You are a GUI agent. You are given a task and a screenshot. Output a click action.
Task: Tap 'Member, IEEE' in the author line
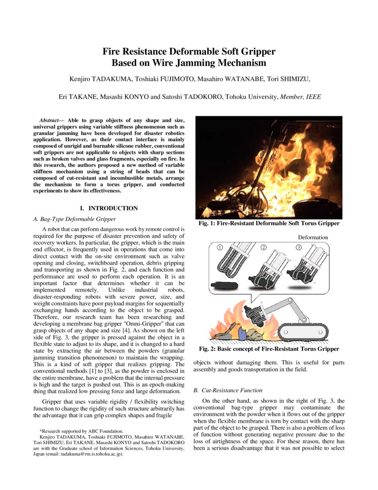pyautogui.click(x=301, y=96)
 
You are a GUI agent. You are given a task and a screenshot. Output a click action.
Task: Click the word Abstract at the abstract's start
pyautogui.click(x=50, y=120)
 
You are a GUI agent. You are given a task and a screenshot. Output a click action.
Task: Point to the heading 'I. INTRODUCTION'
pyautogui.click(x=109, y=208)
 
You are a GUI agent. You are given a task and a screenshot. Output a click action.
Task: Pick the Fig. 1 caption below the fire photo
pyautogui.click(x=269, y=223)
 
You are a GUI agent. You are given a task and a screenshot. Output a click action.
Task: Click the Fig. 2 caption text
pyautogui.click(x=269, y=349)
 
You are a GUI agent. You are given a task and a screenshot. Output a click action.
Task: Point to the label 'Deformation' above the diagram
pyautogui.click(x=313, y=237)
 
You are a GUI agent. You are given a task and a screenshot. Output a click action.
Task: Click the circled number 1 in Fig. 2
pyautogui.click(x=219, y=247)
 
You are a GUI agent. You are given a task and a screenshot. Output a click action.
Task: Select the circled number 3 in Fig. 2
pyautogui.click(x=298, y=247)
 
